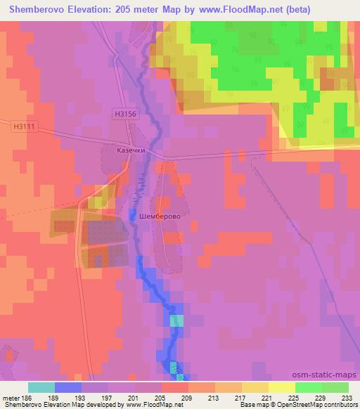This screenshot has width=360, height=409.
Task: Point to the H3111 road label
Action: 23,126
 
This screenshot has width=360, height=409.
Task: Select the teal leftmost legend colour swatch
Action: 41,387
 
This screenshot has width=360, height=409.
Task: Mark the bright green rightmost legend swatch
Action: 335,387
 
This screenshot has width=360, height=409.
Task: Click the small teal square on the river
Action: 176,320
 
